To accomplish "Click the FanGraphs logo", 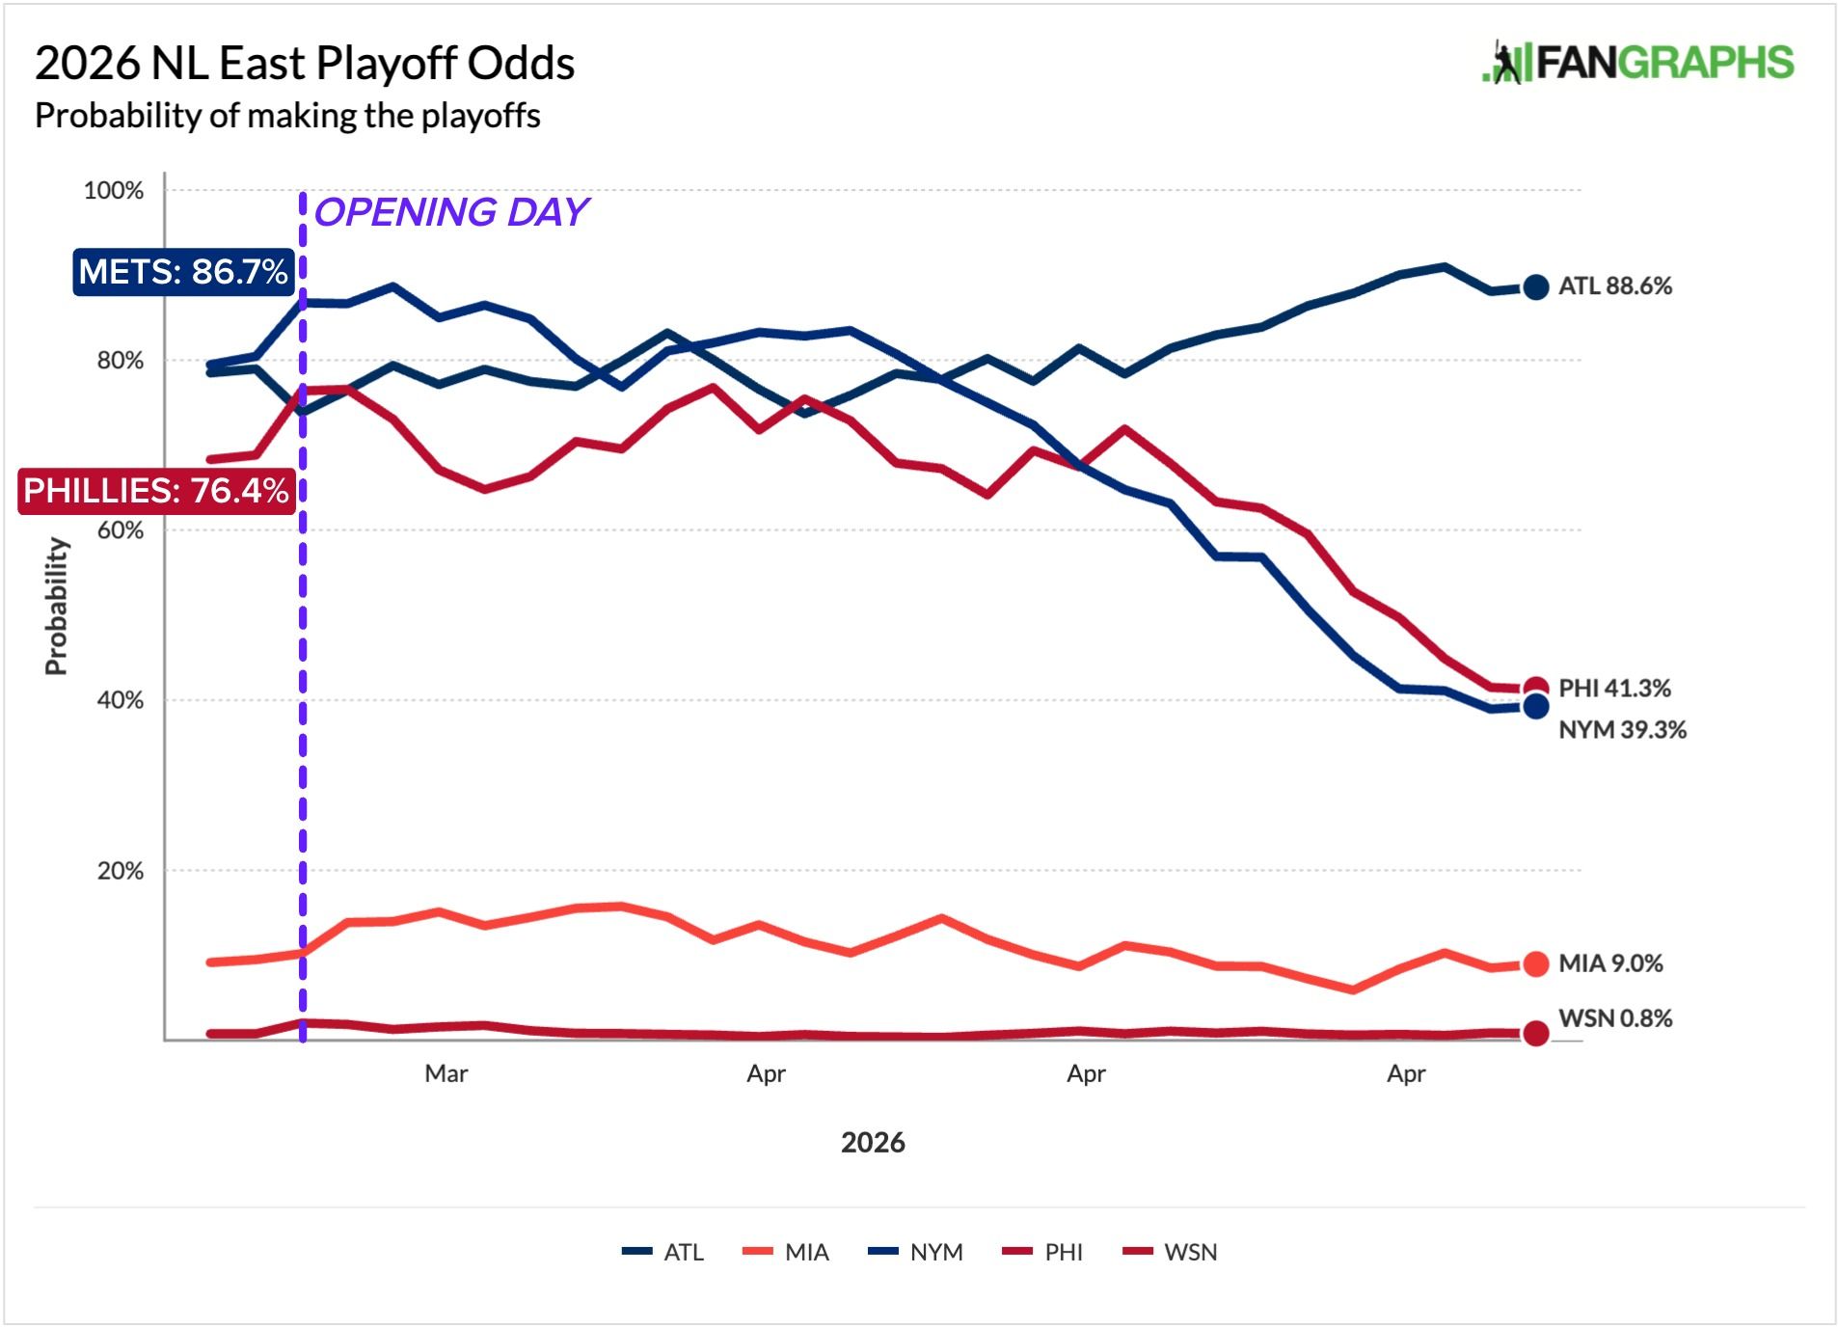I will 1637,63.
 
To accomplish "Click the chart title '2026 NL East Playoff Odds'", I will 305,64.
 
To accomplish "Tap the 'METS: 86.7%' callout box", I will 183,272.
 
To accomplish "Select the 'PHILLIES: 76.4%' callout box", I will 156,491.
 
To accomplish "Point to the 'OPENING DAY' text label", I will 451,212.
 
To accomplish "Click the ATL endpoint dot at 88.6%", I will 1535,286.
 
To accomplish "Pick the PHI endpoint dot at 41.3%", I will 1535,689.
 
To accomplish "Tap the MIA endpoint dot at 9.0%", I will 1535,963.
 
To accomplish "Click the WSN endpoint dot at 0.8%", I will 1535,1034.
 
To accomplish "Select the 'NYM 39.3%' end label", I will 1622,730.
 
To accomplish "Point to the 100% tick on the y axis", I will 113,190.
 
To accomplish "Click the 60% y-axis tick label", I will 120,530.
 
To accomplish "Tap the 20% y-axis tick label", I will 120,871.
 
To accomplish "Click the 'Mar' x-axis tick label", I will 446,1073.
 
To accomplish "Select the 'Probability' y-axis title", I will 56,606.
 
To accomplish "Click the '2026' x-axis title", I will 873,1143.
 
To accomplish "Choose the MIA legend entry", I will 786,1252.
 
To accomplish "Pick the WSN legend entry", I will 1170,1252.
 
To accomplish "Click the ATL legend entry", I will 663,1252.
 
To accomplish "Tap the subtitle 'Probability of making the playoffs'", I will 287,116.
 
